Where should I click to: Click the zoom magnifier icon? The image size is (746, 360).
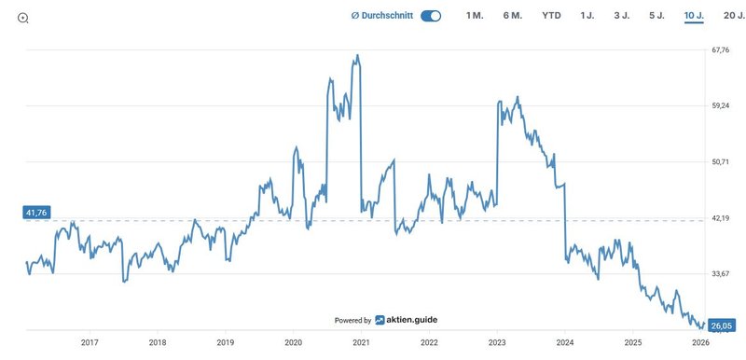click(x=23, y=17)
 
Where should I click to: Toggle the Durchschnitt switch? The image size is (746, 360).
click(x=431, y=16)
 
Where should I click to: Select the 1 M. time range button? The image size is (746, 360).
click(x=475, y=16)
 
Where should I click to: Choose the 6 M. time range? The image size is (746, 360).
click(x=513, y=16)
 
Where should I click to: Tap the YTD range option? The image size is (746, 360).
click(x=551, y=16)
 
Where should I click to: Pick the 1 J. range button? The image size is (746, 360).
click(x=587, y=16)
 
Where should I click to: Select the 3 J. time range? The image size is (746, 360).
click(x=621, y=16)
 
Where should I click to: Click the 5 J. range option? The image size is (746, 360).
click(x=656, y=16)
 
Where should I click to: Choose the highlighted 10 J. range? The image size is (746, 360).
click(x=693, y=16)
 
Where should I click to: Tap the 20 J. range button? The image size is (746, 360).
click(x=728, y=16)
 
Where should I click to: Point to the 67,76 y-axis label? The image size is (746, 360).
click(x=720, y=49)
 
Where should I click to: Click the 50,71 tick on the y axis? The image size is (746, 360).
click(x=720, y=161)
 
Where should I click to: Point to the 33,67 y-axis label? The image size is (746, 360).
click(x=720, y=273)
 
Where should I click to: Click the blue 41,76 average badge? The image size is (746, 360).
click(x=36, y=213)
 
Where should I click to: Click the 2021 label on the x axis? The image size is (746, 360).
click(x=361, y=342)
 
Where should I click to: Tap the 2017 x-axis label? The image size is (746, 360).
click(x=90, y=342)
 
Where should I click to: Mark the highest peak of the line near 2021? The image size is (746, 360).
click(x=357, y=55)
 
